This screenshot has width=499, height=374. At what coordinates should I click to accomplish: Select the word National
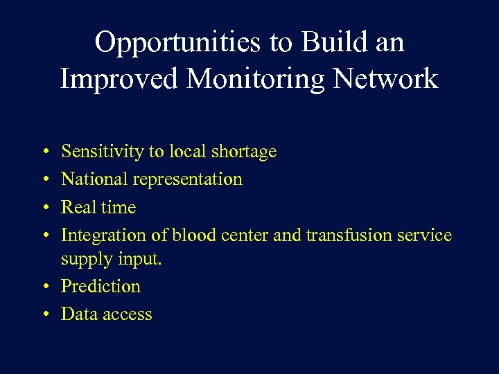click(x=94, y=179)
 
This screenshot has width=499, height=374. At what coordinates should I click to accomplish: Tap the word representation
click(x=187, y=180)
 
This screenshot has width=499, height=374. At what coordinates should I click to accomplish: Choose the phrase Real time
click(x=98, y=207)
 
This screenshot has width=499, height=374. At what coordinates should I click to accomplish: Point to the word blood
click(x=195, y=235)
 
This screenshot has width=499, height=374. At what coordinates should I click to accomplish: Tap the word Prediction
click(x=100, y=286)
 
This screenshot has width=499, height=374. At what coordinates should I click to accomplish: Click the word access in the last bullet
click(x=126, y=314)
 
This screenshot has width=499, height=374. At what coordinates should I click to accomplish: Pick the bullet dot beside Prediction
click(x=44, y=287)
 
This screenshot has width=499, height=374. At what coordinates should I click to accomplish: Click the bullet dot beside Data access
click(x=44, y=314)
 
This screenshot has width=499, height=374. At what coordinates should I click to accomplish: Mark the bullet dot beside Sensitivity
click(x=44, y=152)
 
